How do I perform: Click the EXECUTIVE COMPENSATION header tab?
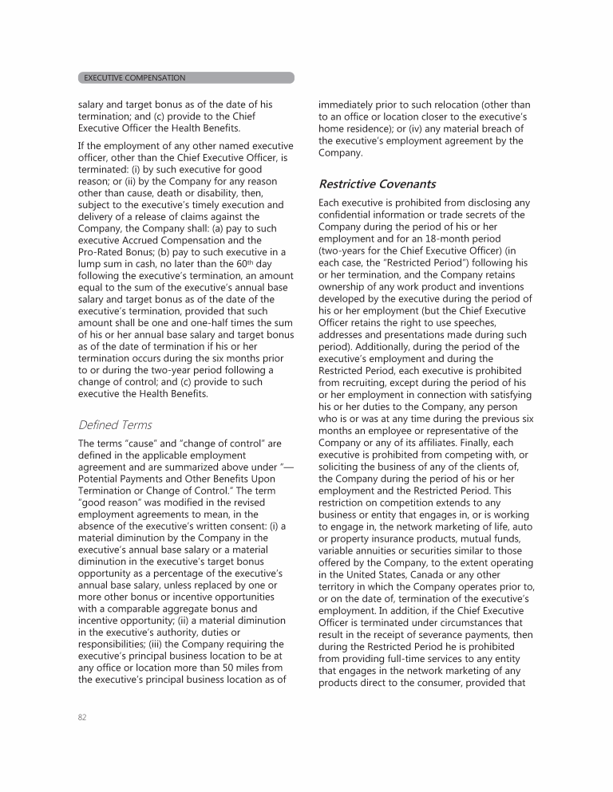[x=132, y=78]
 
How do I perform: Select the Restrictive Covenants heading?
[x=377, y=184]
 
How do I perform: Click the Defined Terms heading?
[x=114, y=425]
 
